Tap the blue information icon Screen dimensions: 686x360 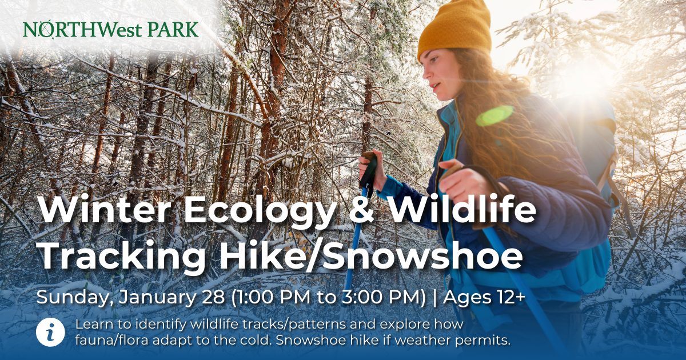pos(50,333)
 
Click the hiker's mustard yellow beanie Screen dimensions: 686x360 pos(454,27)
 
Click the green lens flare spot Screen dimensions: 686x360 pos(494,115)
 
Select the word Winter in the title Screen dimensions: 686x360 pos(105,211)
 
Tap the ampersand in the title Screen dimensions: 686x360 pos(362,211)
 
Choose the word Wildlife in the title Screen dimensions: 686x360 pos(462,210)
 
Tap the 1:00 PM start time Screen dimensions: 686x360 pos(273,297)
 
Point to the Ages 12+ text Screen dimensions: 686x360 pos(484,297)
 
